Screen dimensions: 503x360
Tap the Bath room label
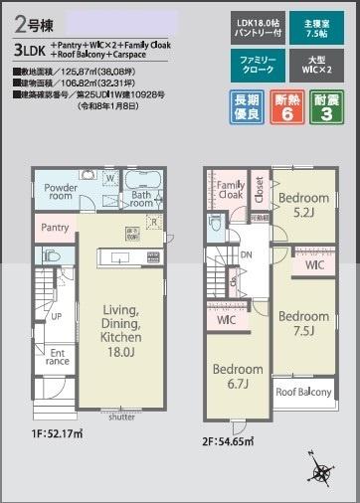[x=141, y=198]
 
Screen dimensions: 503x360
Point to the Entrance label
[x=58, y=358]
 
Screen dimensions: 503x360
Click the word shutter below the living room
[x=121, y=417]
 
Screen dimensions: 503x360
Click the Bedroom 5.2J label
[x=304, y=204]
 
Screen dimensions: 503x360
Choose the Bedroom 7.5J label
[x=304, y=323]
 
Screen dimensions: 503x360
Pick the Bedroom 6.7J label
[x=238, y=376]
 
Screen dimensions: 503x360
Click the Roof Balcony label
[x=303, y=393]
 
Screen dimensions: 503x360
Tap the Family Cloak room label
[x=230, y=192]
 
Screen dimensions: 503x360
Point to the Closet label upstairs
[x=259, y=189]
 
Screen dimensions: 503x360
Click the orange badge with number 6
[x=288, y=108]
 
